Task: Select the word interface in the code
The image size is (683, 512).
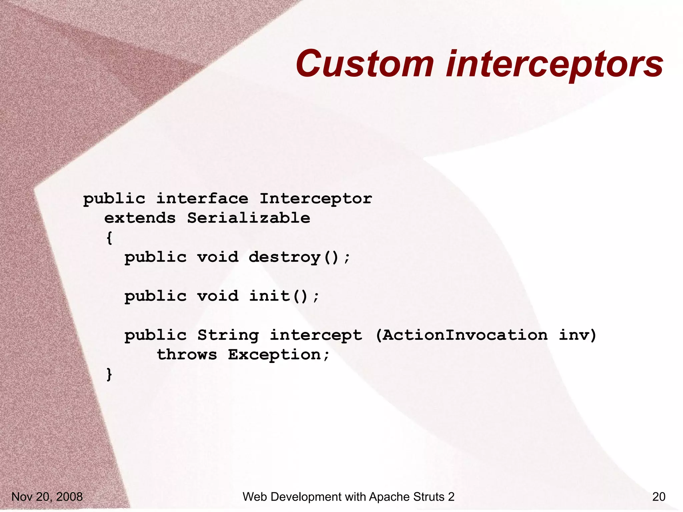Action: coord(202,199)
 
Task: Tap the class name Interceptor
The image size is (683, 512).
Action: coord(315,199)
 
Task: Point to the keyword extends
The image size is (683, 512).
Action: coord(140,218)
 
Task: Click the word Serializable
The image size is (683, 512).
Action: coord(248,218)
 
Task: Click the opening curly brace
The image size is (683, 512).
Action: coord(109,238)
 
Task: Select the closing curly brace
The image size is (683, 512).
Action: coord(109,374)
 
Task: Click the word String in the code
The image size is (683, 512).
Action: coord(228,335)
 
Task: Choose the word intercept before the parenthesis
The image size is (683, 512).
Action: coord(315,335)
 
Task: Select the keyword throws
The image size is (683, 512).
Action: coord(187,355)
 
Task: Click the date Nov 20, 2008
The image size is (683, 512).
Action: coord(47,497)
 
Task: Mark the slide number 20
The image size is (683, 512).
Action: coord(659,497)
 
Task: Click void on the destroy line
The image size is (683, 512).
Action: coord(217,257)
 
